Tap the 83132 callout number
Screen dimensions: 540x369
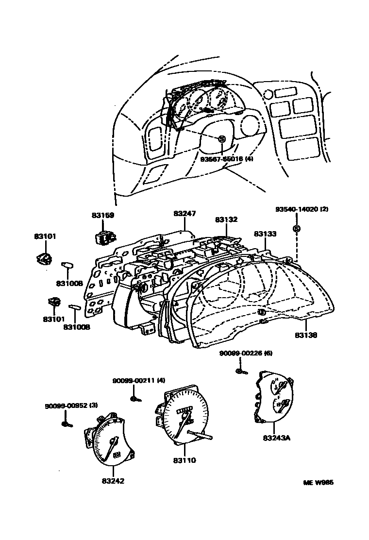click(226, 219)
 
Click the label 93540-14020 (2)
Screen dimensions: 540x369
click(302, 209)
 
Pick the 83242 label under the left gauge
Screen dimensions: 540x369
click(113, 481)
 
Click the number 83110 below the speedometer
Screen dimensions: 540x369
click(184, 460)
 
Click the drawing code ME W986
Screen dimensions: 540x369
click(319, 483)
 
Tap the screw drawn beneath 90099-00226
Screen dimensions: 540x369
click(241, 371)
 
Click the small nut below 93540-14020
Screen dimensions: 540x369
click(296, 229)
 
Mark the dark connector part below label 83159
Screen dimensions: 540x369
click(104, 237)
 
